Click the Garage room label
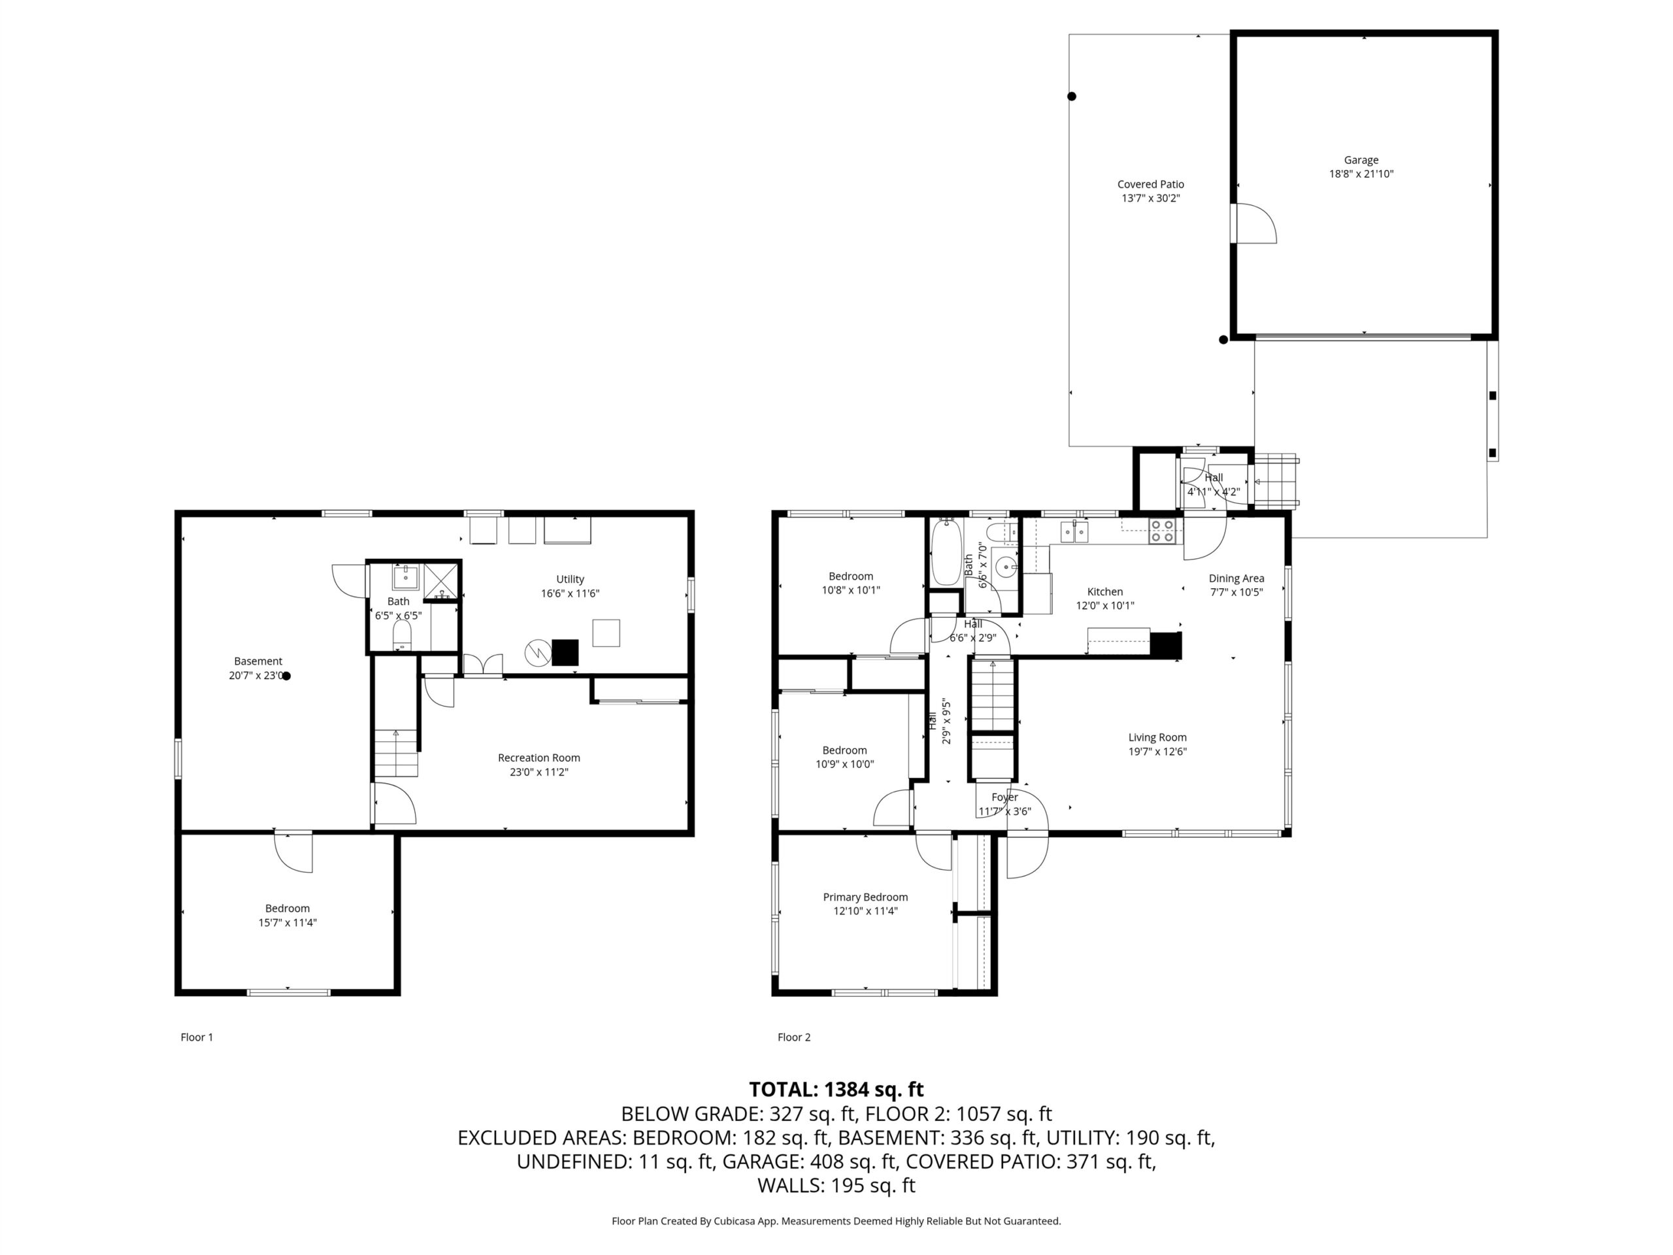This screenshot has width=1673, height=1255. (1361, 159)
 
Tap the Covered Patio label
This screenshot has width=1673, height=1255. (1150, 184)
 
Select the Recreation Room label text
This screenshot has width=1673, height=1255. (538, 757)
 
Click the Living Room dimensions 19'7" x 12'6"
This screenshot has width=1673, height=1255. (1157, 751)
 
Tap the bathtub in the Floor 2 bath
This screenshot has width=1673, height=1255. (946, 552)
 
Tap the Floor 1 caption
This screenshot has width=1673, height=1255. (197, 1037)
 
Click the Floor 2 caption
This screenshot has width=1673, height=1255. (793, 1037)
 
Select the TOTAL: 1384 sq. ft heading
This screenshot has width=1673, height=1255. (836, 1090)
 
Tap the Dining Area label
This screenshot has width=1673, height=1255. (1236, 578)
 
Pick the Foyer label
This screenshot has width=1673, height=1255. (1004, 797)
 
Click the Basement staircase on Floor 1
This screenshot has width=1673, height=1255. (395, 753)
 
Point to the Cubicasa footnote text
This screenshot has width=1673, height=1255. (836, 1221)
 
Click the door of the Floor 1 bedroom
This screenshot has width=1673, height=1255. (293, 852)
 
